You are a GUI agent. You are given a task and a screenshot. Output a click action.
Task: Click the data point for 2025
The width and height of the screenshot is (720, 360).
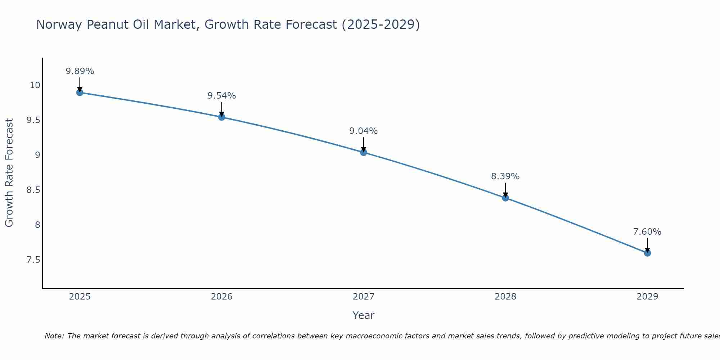(80, 93)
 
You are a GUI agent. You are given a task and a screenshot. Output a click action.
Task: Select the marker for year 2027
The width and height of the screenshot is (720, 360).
(364, 152)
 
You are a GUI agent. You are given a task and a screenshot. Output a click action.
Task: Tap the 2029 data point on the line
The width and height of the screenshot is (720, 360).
(647, 253)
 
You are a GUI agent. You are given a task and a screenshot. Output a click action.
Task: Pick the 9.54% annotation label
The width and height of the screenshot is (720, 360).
(221, 96)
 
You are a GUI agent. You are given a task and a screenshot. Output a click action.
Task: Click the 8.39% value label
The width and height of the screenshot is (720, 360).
(505, 176)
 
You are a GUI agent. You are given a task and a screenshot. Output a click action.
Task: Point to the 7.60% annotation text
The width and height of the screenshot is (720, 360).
(647, 232)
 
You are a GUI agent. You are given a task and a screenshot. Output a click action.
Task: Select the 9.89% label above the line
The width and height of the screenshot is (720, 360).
(80, 71)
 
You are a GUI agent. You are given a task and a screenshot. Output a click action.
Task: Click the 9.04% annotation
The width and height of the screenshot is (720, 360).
(363, 131)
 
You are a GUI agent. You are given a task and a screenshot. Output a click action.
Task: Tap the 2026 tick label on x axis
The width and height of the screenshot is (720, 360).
(221, 297)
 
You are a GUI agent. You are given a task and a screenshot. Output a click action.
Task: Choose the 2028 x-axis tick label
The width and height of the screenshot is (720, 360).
(505, 297)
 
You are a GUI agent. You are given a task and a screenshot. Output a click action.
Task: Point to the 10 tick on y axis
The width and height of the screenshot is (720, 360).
(35, 85)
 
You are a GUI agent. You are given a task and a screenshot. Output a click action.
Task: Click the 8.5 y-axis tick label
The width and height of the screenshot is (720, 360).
(33, 190)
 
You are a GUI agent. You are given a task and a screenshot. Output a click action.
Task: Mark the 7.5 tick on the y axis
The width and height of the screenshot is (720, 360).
(33, 260)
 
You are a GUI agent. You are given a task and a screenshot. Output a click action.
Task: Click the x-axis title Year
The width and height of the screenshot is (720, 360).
(363, 315)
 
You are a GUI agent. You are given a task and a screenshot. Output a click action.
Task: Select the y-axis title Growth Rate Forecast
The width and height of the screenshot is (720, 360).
(9, 173)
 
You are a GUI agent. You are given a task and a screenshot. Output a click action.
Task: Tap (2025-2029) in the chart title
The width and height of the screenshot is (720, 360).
(381, 25)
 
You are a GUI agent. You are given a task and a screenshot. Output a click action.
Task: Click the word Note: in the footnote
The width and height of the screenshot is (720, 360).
(54, 336)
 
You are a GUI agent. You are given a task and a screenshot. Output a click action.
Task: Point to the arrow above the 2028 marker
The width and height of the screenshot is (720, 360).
(505, 190)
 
